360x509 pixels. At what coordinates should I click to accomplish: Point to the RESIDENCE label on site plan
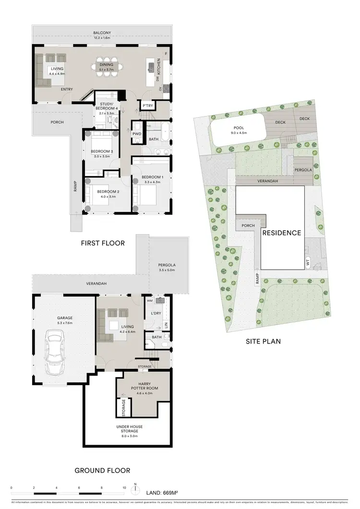281,233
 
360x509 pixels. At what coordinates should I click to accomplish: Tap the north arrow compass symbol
136,488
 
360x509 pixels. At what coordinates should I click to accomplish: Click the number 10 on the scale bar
124,488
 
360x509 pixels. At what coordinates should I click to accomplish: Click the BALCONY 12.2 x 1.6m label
101,35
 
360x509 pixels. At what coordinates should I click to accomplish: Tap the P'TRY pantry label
146,106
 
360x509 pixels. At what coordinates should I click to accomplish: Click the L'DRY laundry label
156,313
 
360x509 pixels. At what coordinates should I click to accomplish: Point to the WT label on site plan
308,262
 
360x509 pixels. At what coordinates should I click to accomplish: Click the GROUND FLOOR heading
102,470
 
